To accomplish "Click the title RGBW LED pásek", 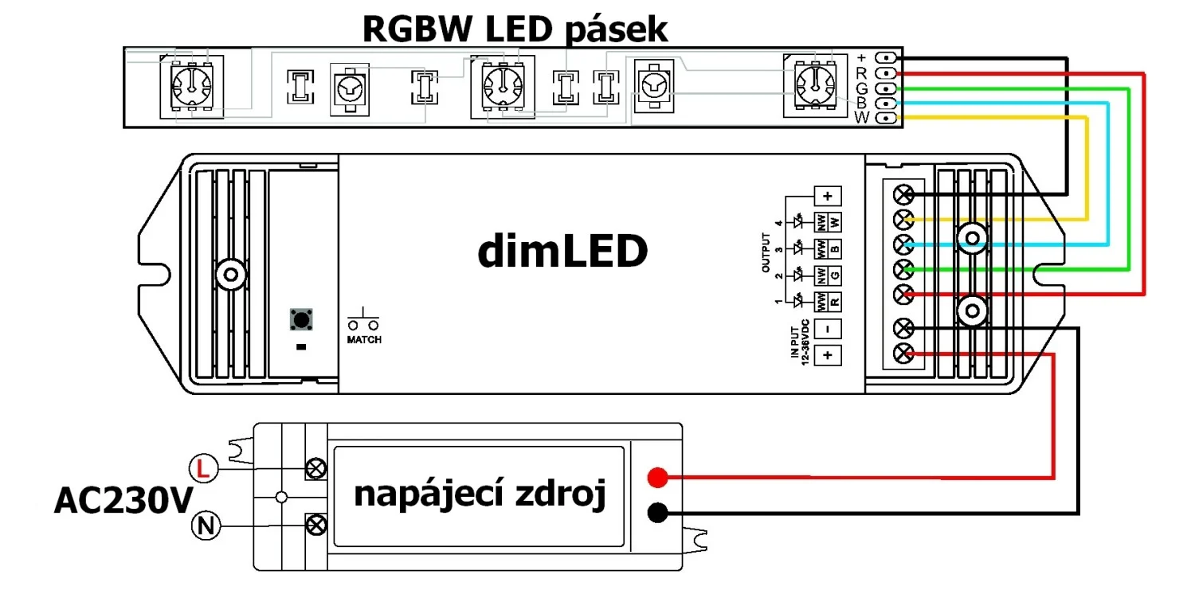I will (x=515, y=29).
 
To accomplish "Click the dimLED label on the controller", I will (x=562, y=252).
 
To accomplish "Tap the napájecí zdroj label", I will (x=480, y=495).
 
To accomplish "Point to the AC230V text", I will (x=123, y=502).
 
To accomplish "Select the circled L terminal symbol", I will (x=203, y=469).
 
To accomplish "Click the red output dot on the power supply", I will (x=656, y=478).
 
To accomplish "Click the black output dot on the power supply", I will (x=656, y=514).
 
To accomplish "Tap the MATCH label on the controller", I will (x=364, y=341).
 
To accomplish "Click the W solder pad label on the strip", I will (x=861, y=119).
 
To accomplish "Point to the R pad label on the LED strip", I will (x=861, y=73).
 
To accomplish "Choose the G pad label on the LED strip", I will (x=861, y=88).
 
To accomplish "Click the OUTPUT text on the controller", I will (x=766, y=253).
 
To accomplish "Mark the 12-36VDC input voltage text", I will (x=806, y=342).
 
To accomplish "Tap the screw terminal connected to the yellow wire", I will (x=904, y=219).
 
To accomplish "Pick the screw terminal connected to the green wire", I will (x=904, y=269).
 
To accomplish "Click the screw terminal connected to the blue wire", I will (x=904, y=244).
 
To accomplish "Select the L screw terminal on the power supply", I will (x=316, y=468).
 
